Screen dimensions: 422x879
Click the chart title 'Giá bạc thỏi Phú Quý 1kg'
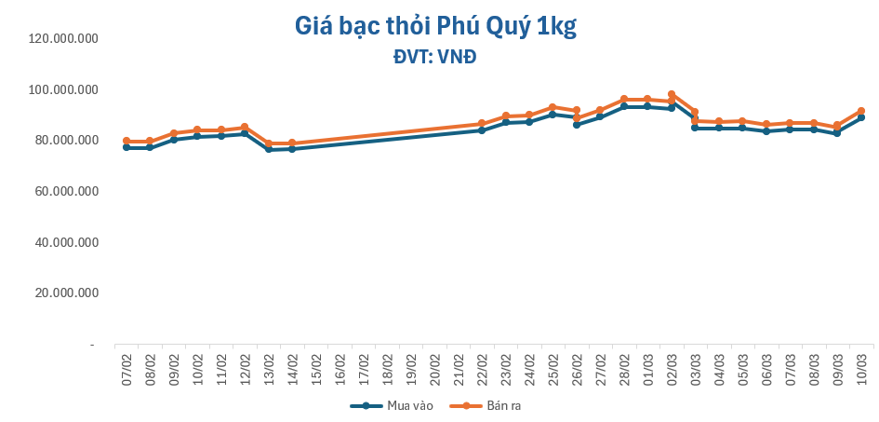click(436, 27)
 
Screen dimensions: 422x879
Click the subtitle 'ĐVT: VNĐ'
click(435, 57)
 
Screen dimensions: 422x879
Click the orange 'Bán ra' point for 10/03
click(861, 111)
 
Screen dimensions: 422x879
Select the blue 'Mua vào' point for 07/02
click(127, 147)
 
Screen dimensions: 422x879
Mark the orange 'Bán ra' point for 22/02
click(482, 124)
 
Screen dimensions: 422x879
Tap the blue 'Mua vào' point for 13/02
click(269, 149)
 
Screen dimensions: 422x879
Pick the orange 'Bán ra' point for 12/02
click(245, 127)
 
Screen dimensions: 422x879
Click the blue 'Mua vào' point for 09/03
click(837, 133)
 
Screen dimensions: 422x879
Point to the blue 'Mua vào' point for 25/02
click(553, 114)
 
